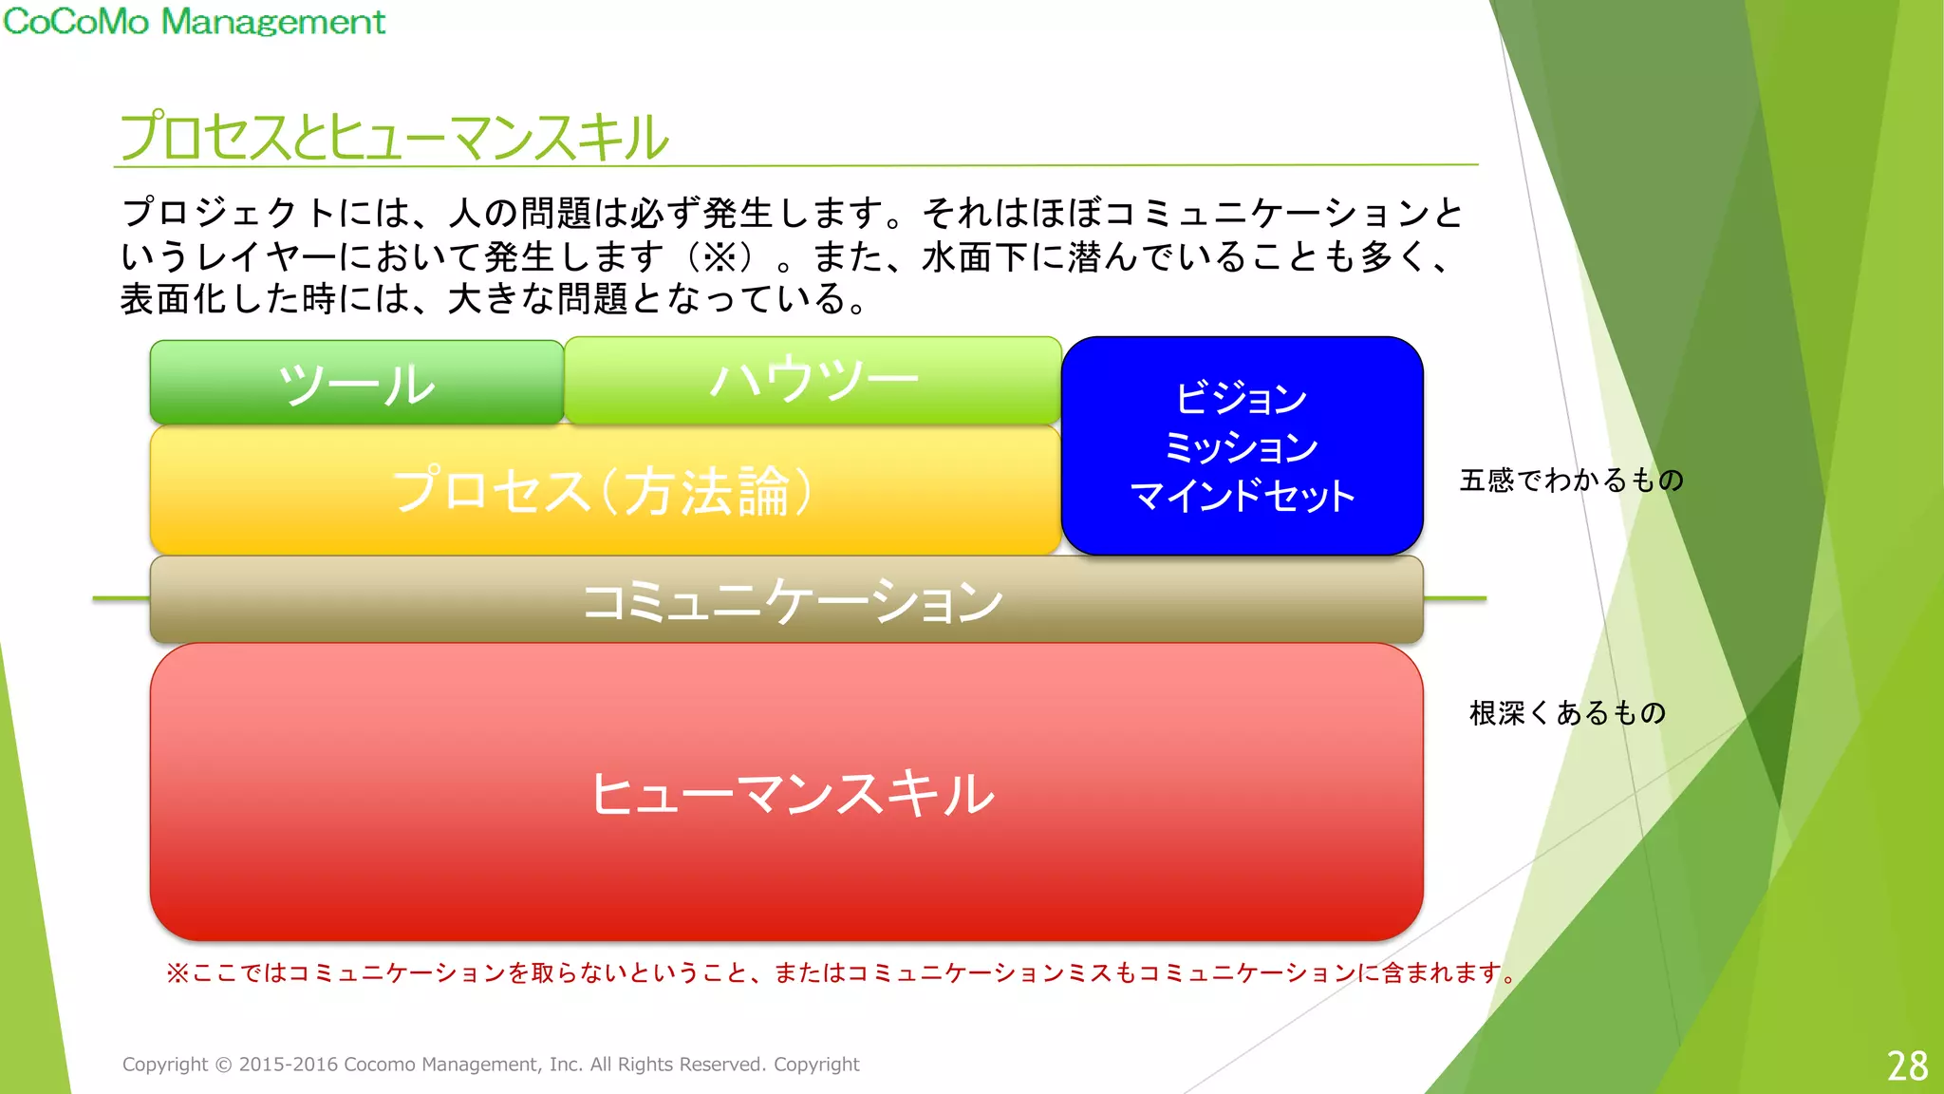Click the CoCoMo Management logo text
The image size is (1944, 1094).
click(x=194, y=21)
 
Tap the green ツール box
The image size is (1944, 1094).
click(x=356, y=383)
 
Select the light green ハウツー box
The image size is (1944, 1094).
click(x=813, y=380)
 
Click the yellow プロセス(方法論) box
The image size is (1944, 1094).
click(x=604, y=490)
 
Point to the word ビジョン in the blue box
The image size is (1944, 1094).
click(x=1241, y=398)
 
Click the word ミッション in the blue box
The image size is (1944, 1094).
click(x=1241, y=446)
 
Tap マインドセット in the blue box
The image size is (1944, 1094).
click(x=1242, y=496)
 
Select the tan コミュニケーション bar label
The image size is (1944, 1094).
click(x=792, y=601)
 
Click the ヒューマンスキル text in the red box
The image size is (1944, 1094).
click(x=792, y=794)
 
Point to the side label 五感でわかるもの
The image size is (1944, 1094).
click(x=1571, y=481)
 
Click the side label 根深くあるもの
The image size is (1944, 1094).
click(x=1567, y=712)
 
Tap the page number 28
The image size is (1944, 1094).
click(x=1906, y=1066)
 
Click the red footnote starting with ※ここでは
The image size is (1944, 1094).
click(x=839, y=972)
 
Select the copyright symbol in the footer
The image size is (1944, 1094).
click(x=223, y=1065)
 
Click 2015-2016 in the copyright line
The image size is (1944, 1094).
click(x=289, y=1065)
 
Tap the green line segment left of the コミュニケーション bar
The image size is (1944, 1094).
click(x=121, y=598)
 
